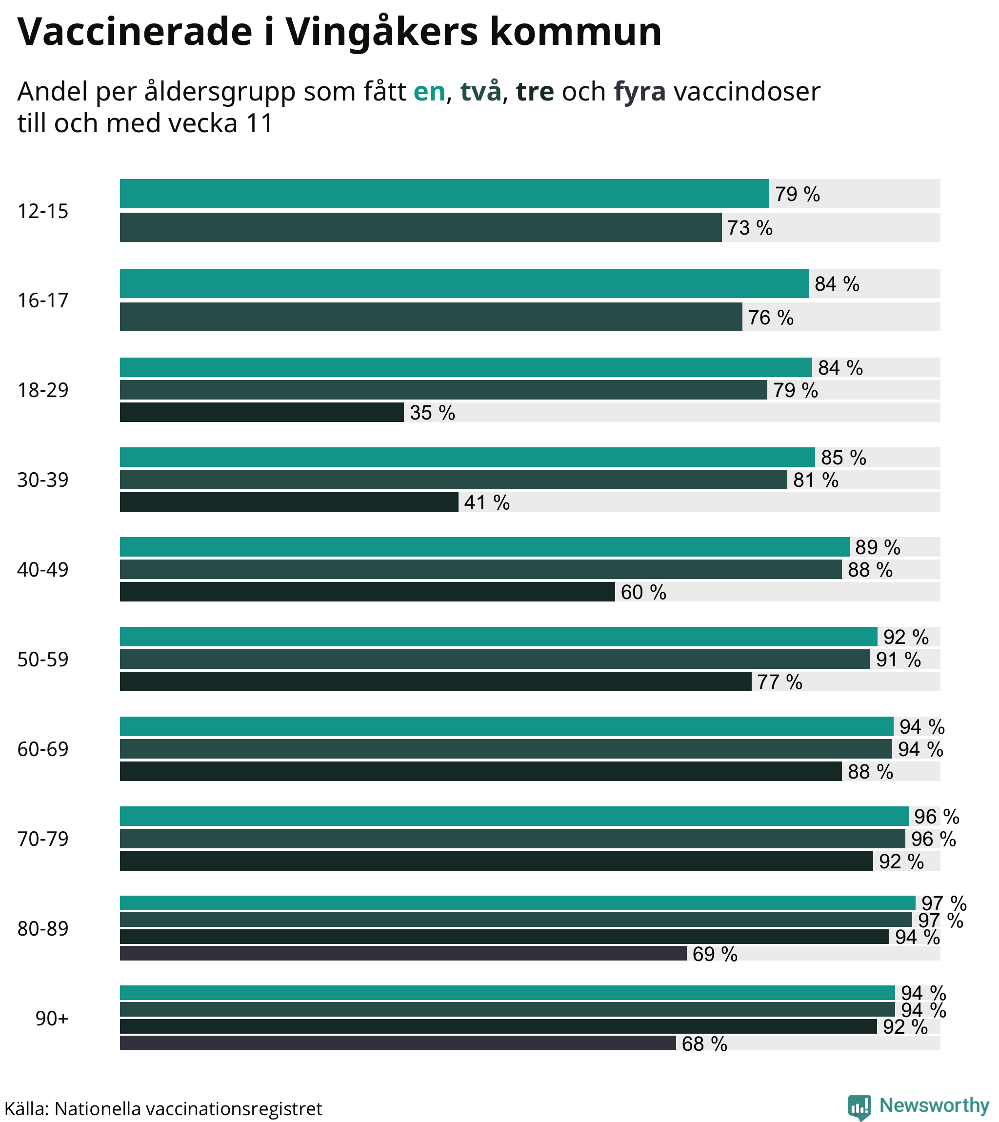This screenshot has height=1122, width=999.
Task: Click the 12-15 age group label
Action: pyautogui.click(x=43, y=211)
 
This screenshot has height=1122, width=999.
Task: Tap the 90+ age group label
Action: pyautogui.click(x=52, y=1018)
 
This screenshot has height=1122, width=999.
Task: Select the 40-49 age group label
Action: pyautogui.click(x=43, y=570)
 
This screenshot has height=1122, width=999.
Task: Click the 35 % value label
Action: pyautogui.click(x=433, y=413)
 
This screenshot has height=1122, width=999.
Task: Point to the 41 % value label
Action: pyautogui.click(x=487, y=503)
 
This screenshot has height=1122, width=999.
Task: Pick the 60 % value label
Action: pyautogui.click(x=643, y=592)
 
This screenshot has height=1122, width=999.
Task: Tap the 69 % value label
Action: pyautogui.click(x=715, y=954)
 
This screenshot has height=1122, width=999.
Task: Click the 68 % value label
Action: pyautogui.click(x=704, y=1043)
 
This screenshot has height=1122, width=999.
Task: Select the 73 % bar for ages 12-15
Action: pyautogui.click(x=420, y=227)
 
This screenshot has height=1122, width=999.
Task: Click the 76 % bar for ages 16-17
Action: pyautogui.click(x=431, y=317)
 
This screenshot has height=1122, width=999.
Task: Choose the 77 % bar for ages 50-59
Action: pyautogui.click(x=435, y=681)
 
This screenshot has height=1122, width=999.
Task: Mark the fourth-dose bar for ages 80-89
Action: pyautogui.click(x=403, y=954)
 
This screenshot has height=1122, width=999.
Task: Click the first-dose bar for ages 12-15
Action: pyautogui.click(x=444, y=194)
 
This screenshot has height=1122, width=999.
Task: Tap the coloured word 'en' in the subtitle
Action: pyautogui.click(x=429, y=92)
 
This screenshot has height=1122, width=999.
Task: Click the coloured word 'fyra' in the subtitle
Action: pyautogui.click(x=639, y=92)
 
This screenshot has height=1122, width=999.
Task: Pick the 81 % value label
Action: pyautogui.click(x=816, y=481)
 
